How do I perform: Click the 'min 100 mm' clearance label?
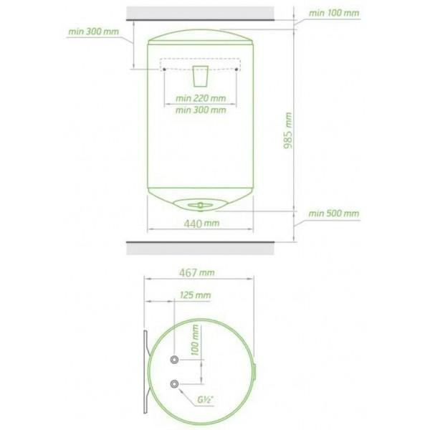[334, 13]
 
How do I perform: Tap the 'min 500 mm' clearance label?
[333, 214]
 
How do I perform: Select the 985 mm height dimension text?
[287, 130]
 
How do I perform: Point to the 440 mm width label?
[201, 224]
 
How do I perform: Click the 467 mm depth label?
[197, 272]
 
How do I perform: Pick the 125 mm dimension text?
[195, 295]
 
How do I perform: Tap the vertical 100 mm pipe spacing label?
[195, 340]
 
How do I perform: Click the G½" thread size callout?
[206, 400]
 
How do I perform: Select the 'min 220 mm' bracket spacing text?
[201, 98]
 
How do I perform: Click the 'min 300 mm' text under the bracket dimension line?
[201, 110]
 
